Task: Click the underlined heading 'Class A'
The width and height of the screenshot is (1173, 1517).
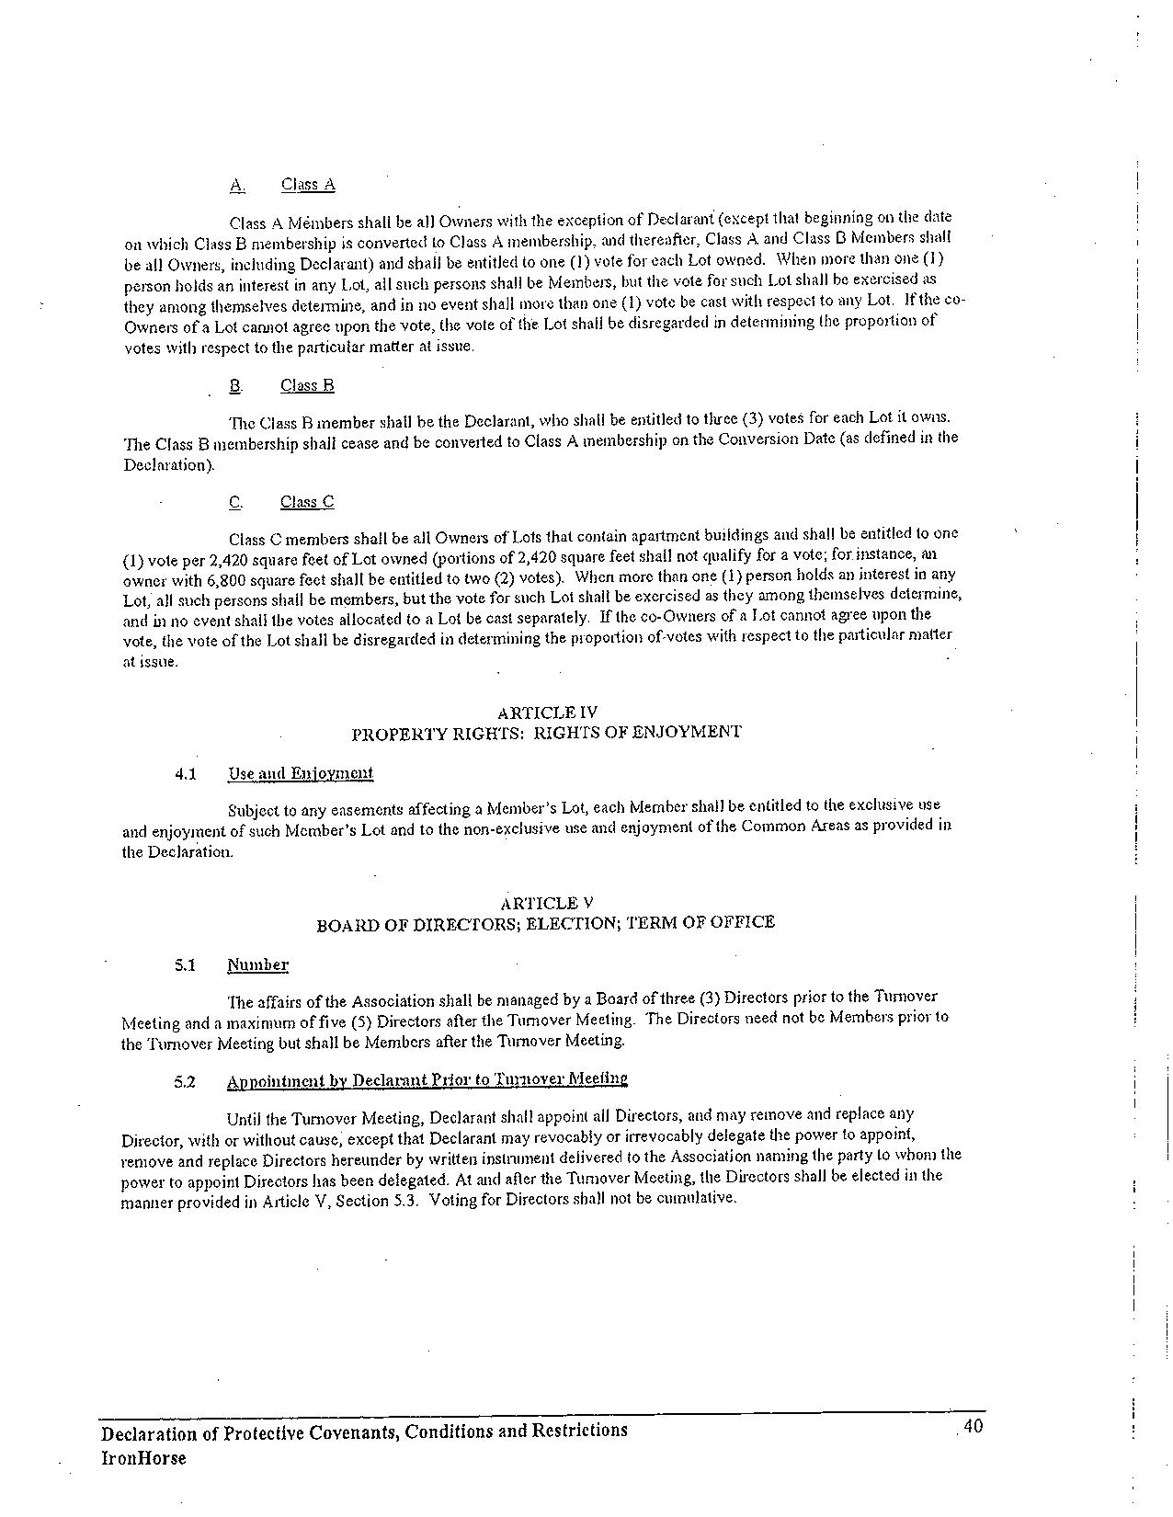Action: pos(308,185)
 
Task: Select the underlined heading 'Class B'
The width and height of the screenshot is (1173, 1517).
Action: pos(307,385)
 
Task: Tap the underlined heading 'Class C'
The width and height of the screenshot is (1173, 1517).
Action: pos(307,502)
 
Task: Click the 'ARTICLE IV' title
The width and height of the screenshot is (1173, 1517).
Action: pos(547,713)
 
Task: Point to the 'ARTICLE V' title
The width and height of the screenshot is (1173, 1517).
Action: pos(546,903)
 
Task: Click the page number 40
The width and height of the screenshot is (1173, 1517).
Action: pos(974,1427)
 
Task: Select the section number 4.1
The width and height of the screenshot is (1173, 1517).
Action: pos(186,774)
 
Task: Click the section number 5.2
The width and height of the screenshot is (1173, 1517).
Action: pos(186,1081)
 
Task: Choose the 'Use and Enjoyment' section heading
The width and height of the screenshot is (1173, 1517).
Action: pos(301,773)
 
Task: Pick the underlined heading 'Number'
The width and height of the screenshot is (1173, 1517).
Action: pos(257,965)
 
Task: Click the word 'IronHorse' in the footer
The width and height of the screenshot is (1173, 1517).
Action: pos(143,1458)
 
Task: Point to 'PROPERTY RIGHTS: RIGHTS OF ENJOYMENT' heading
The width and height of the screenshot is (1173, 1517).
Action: pos(546,733)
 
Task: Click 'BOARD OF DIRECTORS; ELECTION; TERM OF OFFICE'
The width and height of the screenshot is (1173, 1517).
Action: pos(545,923)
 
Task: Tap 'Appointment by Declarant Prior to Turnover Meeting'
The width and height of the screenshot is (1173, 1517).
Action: pos(427,1079)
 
